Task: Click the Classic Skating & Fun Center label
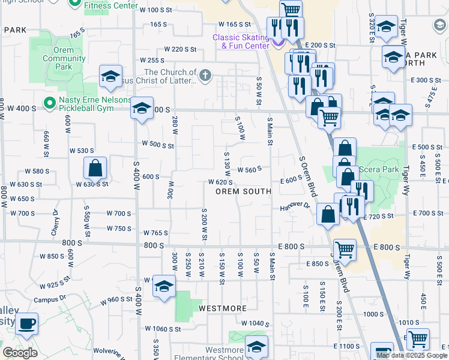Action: [240, 41]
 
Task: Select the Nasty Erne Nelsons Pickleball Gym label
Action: [94, 104]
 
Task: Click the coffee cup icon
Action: [26, 325]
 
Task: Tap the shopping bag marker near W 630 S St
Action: [95, 168]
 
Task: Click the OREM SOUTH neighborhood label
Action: [243, 191]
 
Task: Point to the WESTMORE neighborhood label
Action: [222, 308]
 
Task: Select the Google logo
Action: [20, 353]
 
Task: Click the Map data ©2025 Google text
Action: [411, 355]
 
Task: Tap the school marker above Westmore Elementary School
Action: [256, 346]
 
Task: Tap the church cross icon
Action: [205, 75]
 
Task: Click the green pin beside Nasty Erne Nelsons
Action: [49, 103]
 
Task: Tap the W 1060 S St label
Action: [163, 328]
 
